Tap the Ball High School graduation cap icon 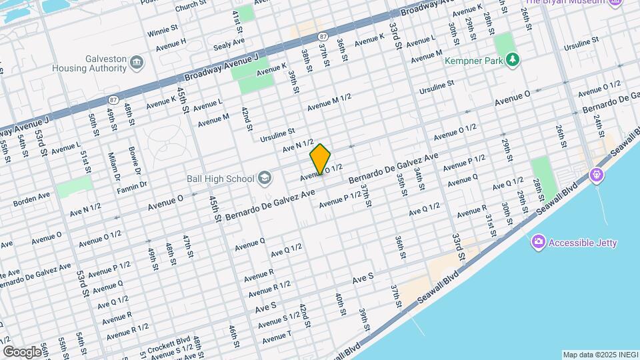(x=265, y=178)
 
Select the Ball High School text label (x=221, y=179)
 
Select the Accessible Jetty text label (x=583, y=243)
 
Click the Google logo (x=22, y=351)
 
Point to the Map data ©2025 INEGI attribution (x=600, y=355)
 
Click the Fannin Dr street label (x=133, y=182)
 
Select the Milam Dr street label (x=113, y=167)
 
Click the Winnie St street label (x=163, y=31)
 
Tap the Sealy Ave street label (x=229, y=44)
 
